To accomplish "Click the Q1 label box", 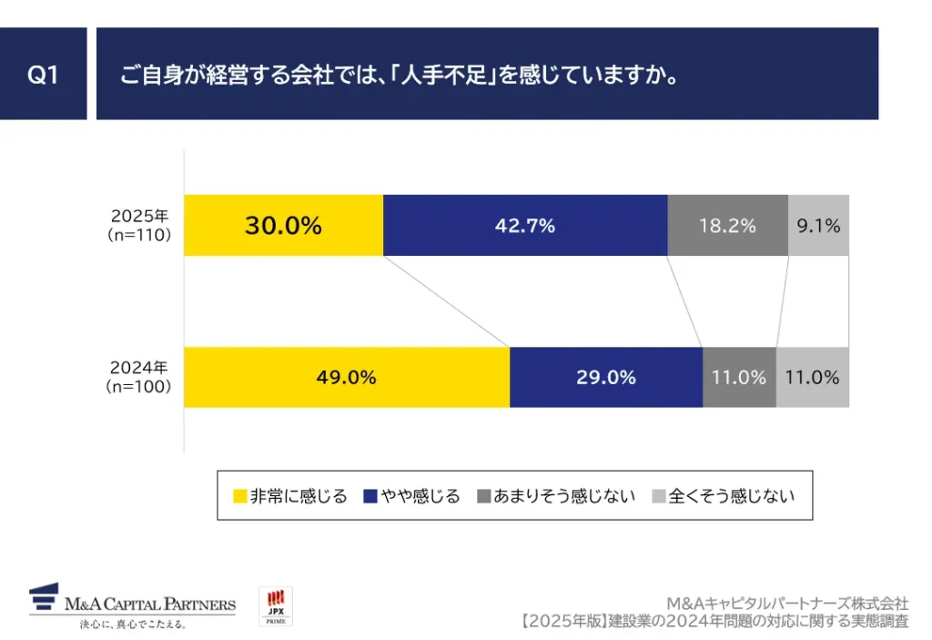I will coord(43,74).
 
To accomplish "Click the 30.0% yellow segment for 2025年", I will coord(283,226).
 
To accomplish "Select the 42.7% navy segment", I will coord(525,226).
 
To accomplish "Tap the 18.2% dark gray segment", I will coord(727,226).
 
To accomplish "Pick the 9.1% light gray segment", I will coord(818,226).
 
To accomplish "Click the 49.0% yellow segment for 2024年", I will coord(346,377).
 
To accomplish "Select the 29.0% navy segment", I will coord(605,377).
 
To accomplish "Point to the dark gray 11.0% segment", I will coord(739,377).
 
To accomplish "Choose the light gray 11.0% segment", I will coord(812,377).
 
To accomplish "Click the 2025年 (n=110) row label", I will coord(139,226).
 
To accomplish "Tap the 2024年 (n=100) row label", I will coord(139,377).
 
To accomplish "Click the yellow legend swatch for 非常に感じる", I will coord(240,496).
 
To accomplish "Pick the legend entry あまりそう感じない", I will coord(563,496).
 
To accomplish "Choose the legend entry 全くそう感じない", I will coord(731,496).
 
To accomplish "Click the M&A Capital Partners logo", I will coord(132,601).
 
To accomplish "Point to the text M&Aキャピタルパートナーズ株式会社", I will coord(786,604).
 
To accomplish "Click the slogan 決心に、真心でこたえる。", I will coord(133,625).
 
